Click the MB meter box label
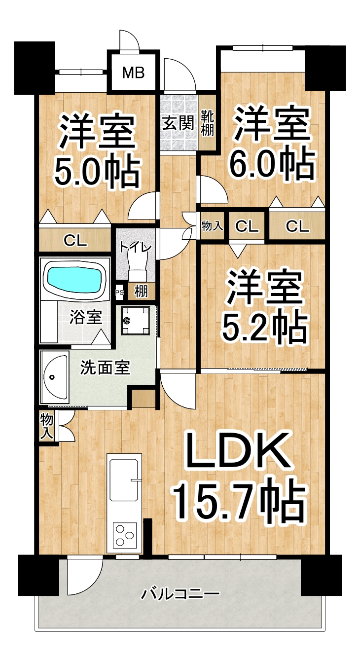(x=134, y=73)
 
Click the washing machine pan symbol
(x=136, y=320)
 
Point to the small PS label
(x=119, y=293)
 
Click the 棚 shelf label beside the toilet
(x=141, y=292)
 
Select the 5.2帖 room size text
(x=264, y=328)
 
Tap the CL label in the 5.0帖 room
(x=76, y=241)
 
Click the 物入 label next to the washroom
(x=47, y=426)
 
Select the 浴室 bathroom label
(x=85, y=317)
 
